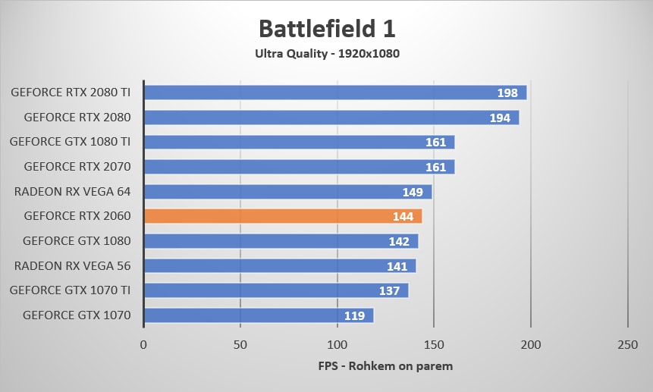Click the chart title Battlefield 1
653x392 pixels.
click(326, 28)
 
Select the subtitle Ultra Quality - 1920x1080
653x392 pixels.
click(326, 54)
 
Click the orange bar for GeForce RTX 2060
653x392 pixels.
click(282, 216)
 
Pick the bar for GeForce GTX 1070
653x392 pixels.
click(258, 315)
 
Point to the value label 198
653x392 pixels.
click(508, 93)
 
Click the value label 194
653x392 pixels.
click(501, 118)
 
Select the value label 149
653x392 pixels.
click(413, 192)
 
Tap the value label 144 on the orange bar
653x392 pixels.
click(403, 217)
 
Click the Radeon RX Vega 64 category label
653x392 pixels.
click(73, 191)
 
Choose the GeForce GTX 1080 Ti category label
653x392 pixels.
click(71, 142)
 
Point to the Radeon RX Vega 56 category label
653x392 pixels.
click(73, 265)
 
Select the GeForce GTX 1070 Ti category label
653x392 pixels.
click(71, 290)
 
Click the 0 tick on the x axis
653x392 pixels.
click(143, 345)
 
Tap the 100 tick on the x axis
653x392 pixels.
click(337, 345)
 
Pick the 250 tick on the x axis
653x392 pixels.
click(627, 345)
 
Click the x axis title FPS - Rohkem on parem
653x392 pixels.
click(385, 367)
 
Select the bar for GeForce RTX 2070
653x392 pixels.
click(299, 167)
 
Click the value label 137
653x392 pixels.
click(390, 291)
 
